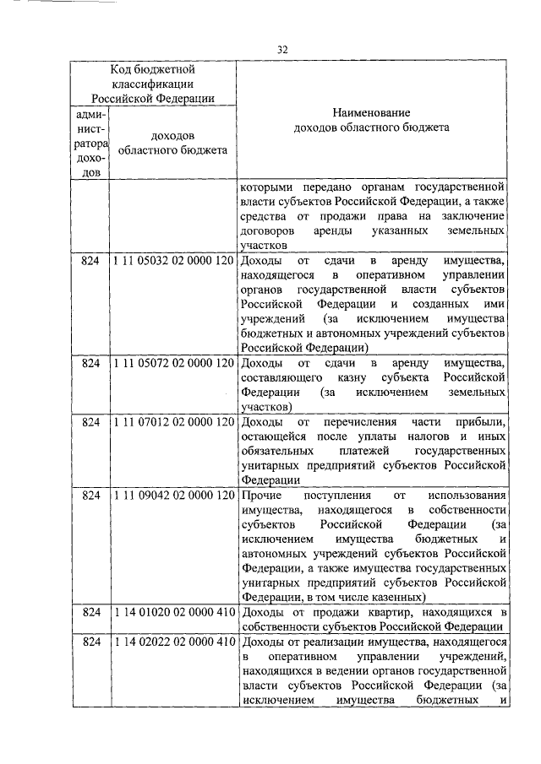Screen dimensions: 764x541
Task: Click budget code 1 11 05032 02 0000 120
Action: tap(172, 262)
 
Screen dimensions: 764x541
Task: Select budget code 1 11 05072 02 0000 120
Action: tap(172, 363)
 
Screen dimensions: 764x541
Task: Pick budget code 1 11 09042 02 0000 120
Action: tap(172, 495)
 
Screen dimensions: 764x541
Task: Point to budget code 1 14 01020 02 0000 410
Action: tap(172, 612)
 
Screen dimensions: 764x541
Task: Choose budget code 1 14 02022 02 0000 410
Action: tap(172, 642)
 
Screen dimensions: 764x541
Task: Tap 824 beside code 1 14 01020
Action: tap(90, 612)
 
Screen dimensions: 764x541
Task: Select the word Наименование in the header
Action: tap(371, 112)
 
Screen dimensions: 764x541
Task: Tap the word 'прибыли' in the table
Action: tap(481, 421)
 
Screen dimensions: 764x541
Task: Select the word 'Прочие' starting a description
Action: tap(260, 496)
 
